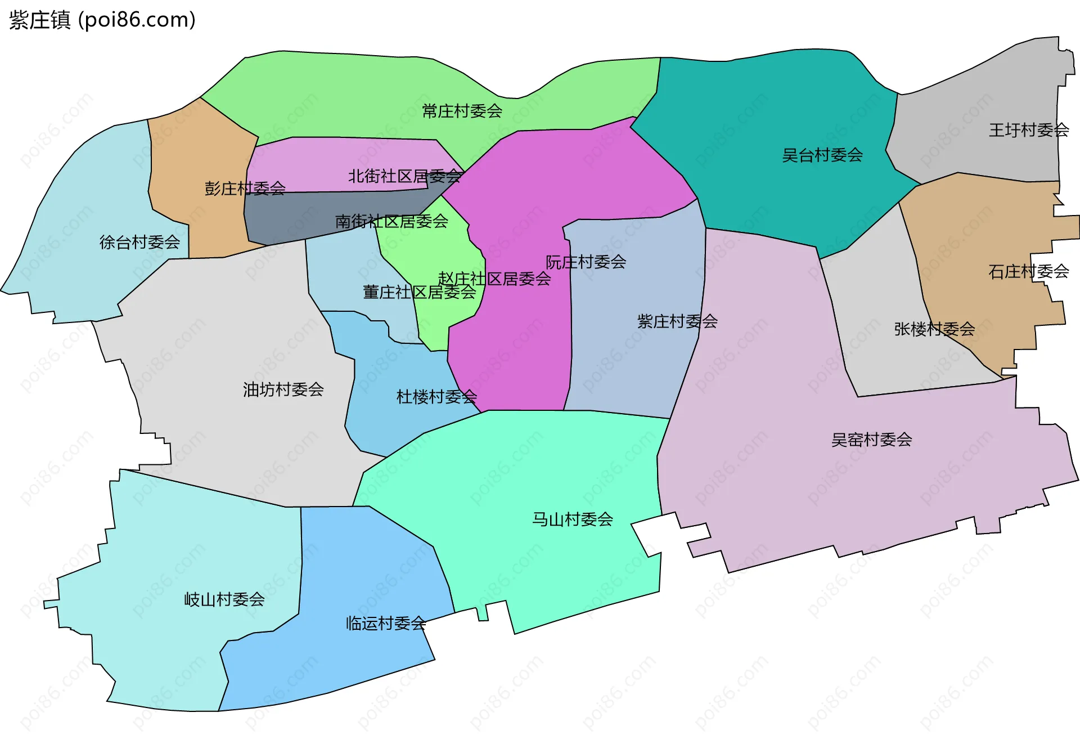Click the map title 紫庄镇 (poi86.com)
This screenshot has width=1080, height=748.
102,20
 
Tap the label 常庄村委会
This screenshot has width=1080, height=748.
462,111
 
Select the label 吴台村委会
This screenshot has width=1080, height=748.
822,155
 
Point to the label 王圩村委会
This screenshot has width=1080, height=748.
1029,130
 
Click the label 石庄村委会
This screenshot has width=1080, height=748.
1028,271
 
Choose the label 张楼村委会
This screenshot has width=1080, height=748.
934,329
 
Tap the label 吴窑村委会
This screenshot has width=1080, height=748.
871,440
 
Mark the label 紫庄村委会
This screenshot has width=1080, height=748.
677,321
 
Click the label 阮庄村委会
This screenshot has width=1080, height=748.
586,262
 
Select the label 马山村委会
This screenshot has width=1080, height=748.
573,519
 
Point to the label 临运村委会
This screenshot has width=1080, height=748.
386,623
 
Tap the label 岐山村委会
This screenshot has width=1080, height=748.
224,599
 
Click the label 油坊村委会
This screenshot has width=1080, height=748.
283,389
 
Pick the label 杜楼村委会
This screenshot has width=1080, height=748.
436,397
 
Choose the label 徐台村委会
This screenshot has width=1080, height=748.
139,242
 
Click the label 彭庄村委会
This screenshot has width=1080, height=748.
245,188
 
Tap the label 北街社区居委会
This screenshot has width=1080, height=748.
405,176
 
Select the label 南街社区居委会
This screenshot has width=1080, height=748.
391,221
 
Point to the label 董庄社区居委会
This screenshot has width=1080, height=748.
419,292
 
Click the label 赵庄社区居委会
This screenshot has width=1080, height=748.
494,279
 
